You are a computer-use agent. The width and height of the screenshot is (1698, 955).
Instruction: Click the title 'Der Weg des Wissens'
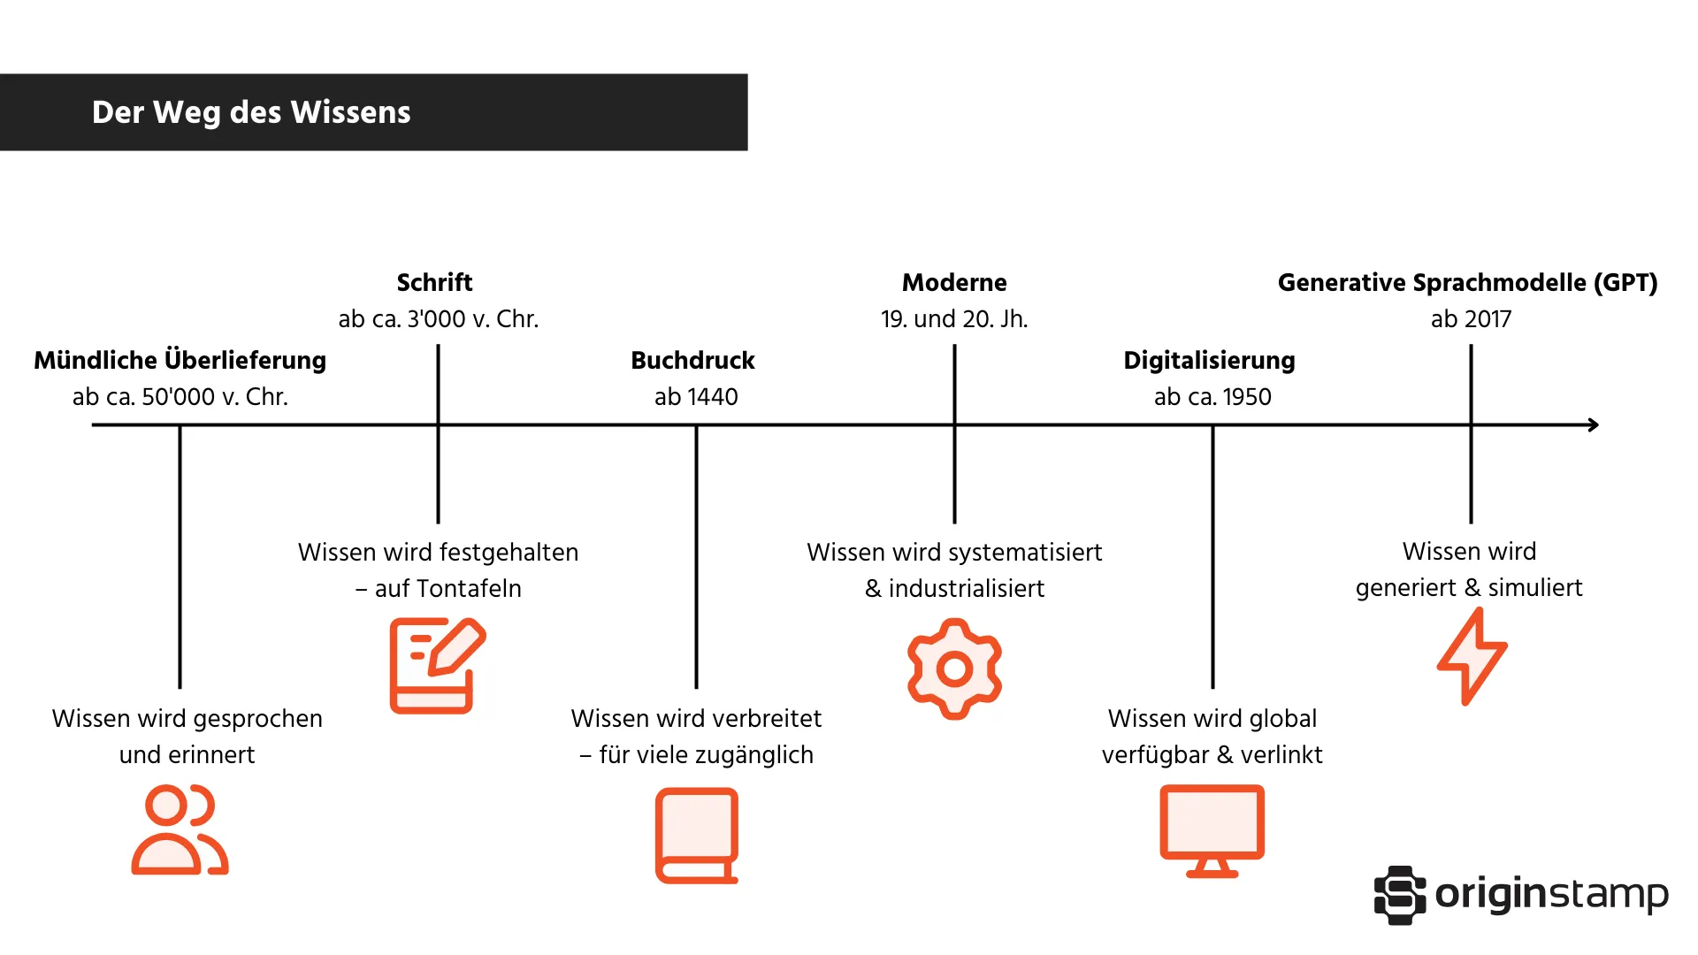pyautogui.click(x=251, y=112)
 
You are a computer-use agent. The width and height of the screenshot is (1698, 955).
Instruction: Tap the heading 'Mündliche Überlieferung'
pyautogui.click(x=180, y=360)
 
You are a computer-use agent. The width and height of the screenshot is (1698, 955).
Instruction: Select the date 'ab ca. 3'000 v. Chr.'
pyautogui.click(x=438, y=318)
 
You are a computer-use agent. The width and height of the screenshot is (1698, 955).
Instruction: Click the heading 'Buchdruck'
pyautogui.click(x=692, y=360)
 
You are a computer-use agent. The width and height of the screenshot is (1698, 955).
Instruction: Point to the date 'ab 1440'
pyautogui.click(x=696, y=396)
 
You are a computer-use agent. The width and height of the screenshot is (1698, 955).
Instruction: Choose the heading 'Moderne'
pyautogui.click(x=954, y=282)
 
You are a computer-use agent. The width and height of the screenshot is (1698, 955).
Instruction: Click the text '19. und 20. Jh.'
pyautogui.click(x=954, y=318)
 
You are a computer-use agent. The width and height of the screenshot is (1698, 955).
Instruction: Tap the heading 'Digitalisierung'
pyautogui.click(x=1209, y=360)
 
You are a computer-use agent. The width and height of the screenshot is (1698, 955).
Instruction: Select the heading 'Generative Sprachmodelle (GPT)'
pyautogui.click(x=1467, y=282)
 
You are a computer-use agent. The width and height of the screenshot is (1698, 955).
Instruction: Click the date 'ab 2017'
pyautogui.click(x=1471, y=318)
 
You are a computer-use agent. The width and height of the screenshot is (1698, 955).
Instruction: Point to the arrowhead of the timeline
pyautogui.click(x=1593, y=425)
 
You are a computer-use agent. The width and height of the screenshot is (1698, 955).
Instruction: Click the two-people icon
pyautogui.click(x=180, y=830)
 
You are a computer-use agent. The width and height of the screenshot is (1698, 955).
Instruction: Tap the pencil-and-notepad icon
pyautogui.click(x=437, y=666)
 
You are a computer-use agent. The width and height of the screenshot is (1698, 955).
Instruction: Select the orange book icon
pyautogui.click(x=697, y=836)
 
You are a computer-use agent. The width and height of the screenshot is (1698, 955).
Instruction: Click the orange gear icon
pyautogui.click(x=954, y=668)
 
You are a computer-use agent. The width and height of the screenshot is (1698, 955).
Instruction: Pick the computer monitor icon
pyautogui.click(x=1212, y=830)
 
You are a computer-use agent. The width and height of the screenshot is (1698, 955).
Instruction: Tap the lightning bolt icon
pyautogui.click(x=1472, y=657)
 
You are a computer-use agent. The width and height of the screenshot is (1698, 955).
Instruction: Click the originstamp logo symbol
pyautogui.click(x=1399, y=895)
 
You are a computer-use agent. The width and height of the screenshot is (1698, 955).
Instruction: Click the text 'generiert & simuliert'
pyautogui.click(x=1469, y=587)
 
